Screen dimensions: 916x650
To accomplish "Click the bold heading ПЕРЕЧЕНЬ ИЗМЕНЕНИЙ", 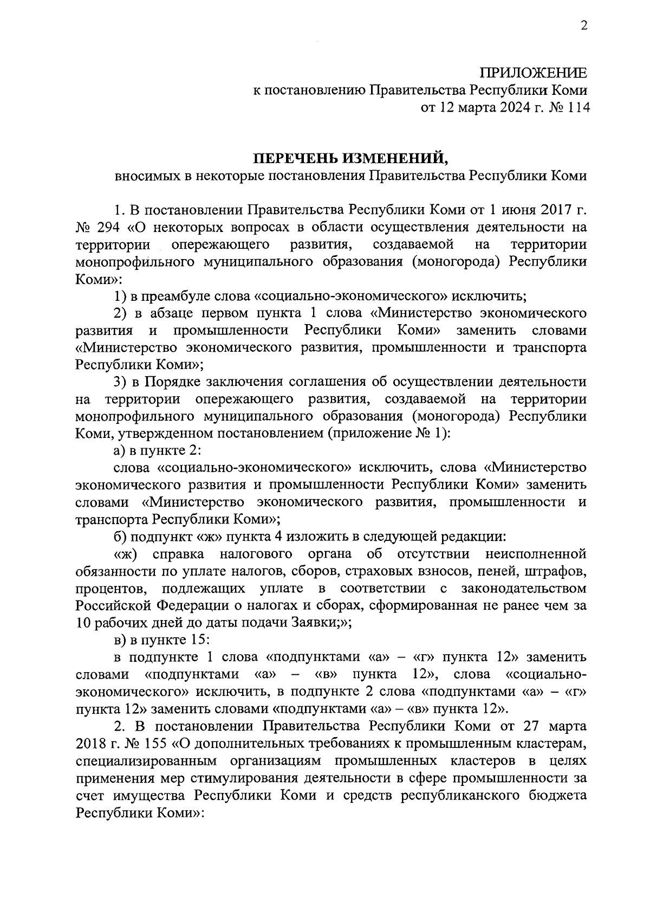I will tap(352, 158).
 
